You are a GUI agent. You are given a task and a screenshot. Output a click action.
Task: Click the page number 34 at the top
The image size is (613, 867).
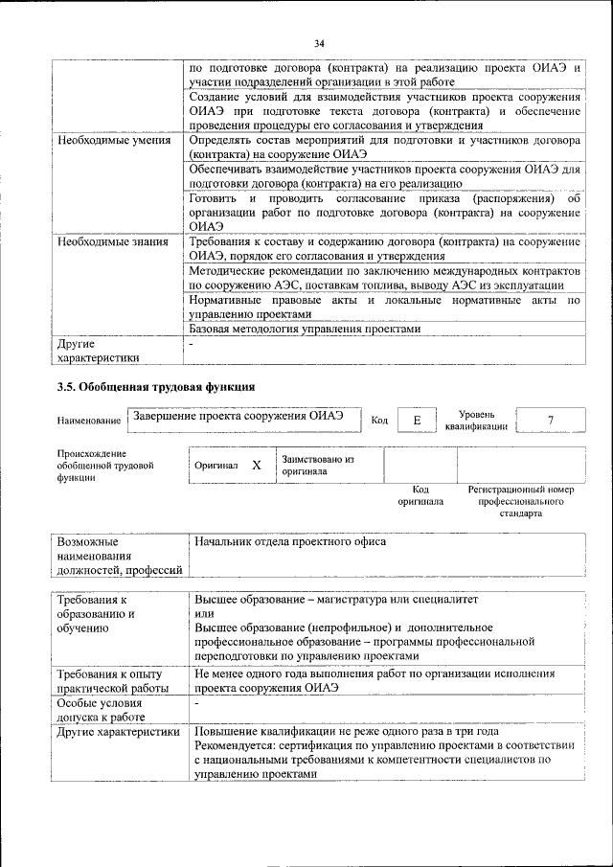pos(319,43)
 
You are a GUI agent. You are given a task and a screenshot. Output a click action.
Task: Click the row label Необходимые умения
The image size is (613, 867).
pos(114,140)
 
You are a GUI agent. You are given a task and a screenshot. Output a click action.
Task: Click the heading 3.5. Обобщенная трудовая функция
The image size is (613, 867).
pos(155,387)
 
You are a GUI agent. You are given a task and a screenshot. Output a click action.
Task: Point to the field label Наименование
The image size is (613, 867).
pos(88,421)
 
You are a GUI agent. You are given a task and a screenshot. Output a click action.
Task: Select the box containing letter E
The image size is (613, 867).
pos(417,421)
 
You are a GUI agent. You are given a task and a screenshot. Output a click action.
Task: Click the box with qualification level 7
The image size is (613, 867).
pos(550,421)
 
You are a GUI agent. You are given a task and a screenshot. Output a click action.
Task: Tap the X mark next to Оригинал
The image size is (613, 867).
pos(257,465)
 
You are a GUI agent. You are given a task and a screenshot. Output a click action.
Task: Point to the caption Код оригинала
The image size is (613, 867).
pos(420,495)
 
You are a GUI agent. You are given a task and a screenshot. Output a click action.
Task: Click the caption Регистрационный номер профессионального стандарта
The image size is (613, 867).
pos(520,501)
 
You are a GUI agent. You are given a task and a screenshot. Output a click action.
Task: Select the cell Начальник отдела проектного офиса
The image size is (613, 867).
pos(290,542)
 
